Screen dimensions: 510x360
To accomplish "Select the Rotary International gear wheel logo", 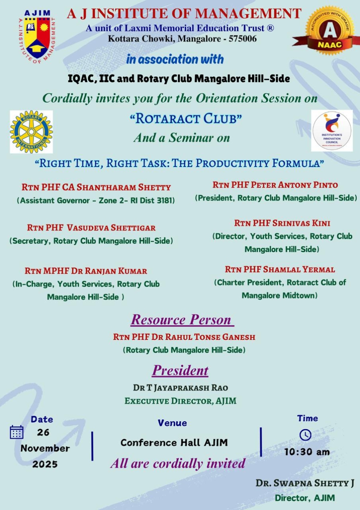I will (31, 132).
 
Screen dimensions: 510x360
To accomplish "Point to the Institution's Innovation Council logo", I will (332, 131).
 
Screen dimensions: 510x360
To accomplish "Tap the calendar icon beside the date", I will (16, 432).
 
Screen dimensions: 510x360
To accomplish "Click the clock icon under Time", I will (305, 435).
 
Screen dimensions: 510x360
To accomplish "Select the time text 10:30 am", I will (307, 452).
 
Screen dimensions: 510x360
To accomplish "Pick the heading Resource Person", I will (182, 320).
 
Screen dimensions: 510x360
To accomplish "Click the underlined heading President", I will (180, 370).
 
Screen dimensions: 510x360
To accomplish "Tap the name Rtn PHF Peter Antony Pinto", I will (275, 185).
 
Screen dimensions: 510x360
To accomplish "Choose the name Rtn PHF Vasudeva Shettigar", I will (91, 228).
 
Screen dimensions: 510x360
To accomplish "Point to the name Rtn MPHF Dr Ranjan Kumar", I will (86, 271).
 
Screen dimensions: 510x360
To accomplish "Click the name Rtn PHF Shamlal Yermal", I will (280, 269).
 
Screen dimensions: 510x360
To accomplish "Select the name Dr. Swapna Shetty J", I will (305, 483).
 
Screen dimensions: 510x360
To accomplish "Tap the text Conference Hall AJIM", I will (174, 443).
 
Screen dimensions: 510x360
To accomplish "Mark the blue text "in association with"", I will (175, 60).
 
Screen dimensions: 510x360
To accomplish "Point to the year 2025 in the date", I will (45, 464).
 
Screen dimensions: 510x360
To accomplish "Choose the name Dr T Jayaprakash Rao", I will (180, 388).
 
